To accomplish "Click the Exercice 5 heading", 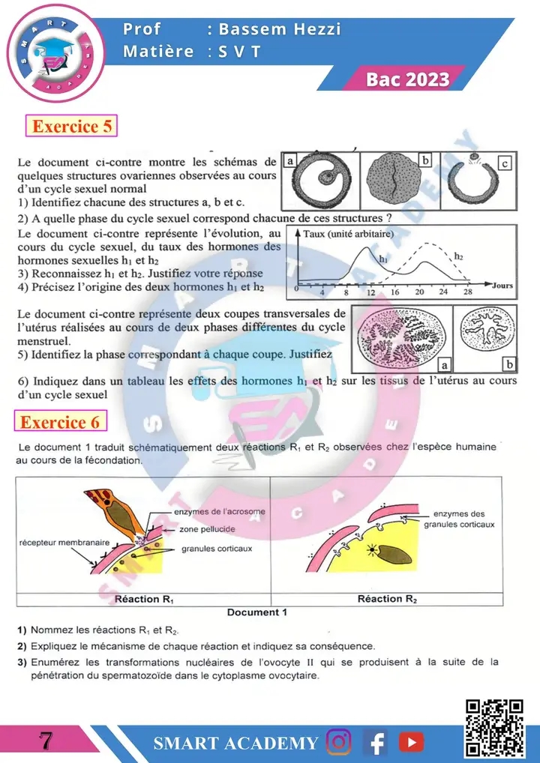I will coord(72,126).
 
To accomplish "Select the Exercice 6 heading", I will coord(60,422).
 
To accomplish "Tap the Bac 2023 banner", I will coord(408,79).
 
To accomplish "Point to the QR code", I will coord(494,727).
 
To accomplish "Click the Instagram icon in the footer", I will coord(339,742).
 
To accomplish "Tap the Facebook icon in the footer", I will coord(375,742).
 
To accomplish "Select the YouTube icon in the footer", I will coord(411,742).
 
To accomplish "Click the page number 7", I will coord(45,741).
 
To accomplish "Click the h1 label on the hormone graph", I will coord(382,257).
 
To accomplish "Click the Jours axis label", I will coord(503,286).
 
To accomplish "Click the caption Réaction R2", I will coord(387,599).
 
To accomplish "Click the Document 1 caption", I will coord(257,612).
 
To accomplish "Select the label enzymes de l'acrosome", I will coord(219,512).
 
